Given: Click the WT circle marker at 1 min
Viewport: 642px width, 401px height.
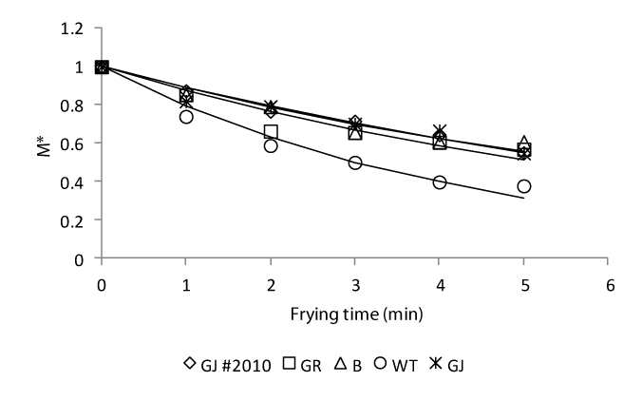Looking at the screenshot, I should point(186,116).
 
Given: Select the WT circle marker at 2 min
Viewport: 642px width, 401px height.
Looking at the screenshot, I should point(271,145).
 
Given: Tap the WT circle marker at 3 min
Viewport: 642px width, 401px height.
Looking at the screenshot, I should point(355,162).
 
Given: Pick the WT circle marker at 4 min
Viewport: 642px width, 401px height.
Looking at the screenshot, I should point(440,181).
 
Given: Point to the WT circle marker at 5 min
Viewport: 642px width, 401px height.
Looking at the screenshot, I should point(524,186).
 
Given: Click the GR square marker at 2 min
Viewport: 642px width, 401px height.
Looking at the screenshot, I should point(271,132).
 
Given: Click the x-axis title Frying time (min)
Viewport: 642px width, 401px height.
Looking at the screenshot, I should point(355,313).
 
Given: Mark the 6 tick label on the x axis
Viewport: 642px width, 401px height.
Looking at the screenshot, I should point(609,284).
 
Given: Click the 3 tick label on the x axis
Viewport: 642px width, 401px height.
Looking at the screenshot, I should point(355,284).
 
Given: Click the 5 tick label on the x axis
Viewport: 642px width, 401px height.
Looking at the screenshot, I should point(524,284).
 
